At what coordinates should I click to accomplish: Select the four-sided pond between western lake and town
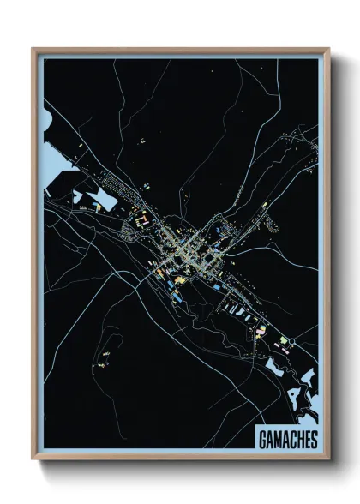104,200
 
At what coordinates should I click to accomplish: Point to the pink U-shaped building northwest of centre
143,219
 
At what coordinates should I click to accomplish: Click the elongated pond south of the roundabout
279,368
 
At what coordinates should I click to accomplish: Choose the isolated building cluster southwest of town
108,351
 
